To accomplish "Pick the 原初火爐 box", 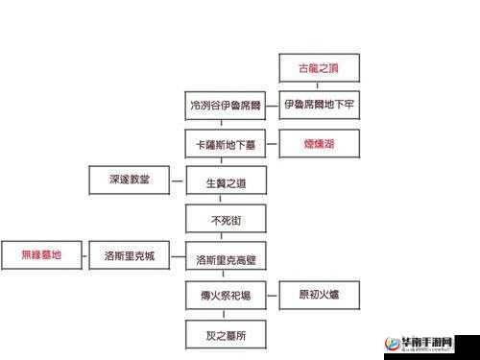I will tap(319, 294).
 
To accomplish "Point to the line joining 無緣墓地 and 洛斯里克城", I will tap(87, 255).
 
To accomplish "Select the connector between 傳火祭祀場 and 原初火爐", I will tap(273, 294).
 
